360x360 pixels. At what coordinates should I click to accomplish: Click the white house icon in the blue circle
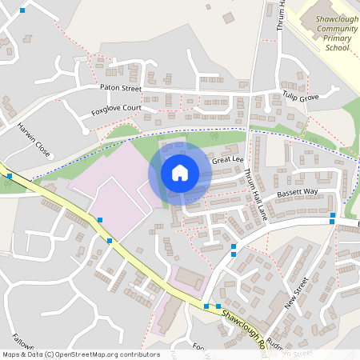click(x=180, y=172)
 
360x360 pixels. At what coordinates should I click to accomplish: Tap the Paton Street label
click(x=120, y=87)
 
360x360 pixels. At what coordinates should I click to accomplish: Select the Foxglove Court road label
click(x=116, y=108)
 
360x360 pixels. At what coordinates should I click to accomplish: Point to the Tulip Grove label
click(x=300, y=98)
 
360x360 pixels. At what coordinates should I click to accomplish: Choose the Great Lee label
click(x=226, y=160)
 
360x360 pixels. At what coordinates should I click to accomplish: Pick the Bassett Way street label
click(x=297, y=193)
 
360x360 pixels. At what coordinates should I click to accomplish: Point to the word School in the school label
click(x=337, y=48)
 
